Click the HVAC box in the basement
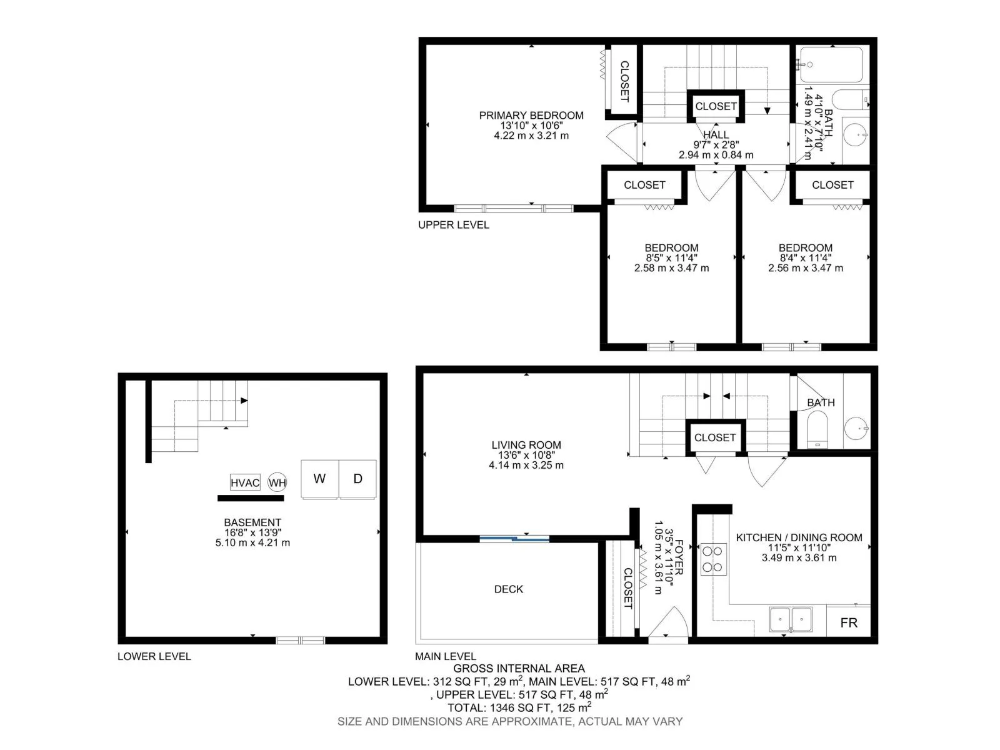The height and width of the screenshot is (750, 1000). (x=245, y=482)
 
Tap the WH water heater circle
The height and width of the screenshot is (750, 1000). (x=277, y=482)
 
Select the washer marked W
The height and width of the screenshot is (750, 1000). (x=319, y=479)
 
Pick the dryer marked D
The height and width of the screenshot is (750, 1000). (x=357, y=479)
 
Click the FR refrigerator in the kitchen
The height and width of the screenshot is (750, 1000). (x=848, y=622)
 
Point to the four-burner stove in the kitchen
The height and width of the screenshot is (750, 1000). (x=713, y=559)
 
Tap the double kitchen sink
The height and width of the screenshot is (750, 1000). (x=791, y=619)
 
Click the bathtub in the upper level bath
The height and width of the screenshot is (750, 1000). (x=831, y=64)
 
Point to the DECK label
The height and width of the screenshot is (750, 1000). (x=508, y=589)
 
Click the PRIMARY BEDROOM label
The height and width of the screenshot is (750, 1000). (x=531, y=116)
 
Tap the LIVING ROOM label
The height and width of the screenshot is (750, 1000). (x=526, y=445)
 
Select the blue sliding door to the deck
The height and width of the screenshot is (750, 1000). (x=514, y=539)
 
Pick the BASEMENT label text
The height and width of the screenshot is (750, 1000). (x=252, y=522)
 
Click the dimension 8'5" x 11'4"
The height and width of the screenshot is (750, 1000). (x=671, y=258)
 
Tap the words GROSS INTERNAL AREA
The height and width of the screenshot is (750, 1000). (x=519, y=669)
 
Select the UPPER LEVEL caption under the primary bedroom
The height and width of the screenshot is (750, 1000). (x=453, y=225)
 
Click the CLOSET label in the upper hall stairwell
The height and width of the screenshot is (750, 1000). (x=716, y=106)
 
